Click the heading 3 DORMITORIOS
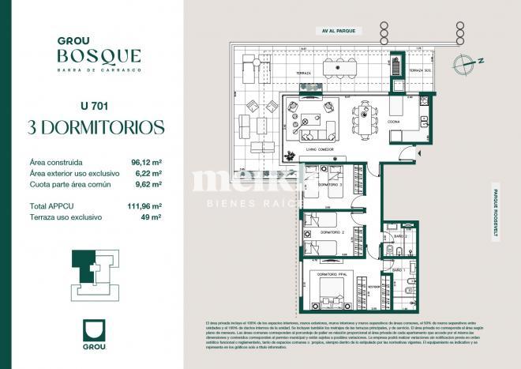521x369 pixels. click(96, 126)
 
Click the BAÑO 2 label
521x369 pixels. click(399, 235)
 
